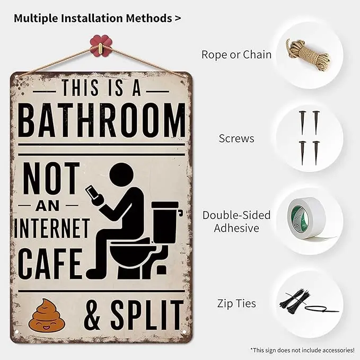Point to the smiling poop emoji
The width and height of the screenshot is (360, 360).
click(47, 315)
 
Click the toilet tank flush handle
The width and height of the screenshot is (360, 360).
click(180, 213)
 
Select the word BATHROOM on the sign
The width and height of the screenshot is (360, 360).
click(101, 120)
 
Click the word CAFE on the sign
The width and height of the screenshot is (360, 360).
click(50, 264)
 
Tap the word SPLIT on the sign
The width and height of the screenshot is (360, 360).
click(147, 315)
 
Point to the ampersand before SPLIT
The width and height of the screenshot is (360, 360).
click(92, 315)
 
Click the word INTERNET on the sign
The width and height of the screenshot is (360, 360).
click(52, 228)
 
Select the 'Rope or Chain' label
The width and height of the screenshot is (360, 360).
click(236, 55)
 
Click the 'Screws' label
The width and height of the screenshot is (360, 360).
click(236, 138)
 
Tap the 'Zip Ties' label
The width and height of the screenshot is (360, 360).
click(236, 303)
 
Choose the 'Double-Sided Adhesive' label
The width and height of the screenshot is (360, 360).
click(236, 222)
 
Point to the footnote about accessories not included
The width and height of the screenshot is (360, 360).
click(302, 350)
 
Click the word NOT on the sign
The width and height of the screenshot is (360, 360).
click(51, 178)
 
